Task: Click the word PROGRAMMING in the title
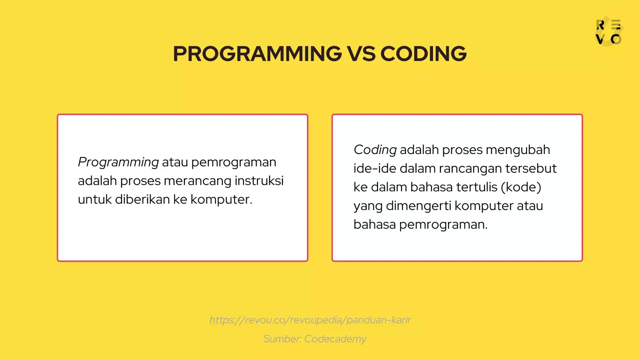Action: coord(257,54)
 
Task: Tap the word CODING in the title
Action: coord(423,54)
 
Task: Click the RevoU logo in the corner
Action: coord(608,32)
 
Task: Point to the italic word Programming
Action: coord(118,162)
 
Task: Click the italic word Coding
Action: coord(375,150)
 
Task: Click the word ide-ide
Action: coord(374,168)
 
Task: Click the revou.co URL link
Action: coord(310,320)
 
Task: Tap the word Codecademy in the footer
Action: coord(335,339)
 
